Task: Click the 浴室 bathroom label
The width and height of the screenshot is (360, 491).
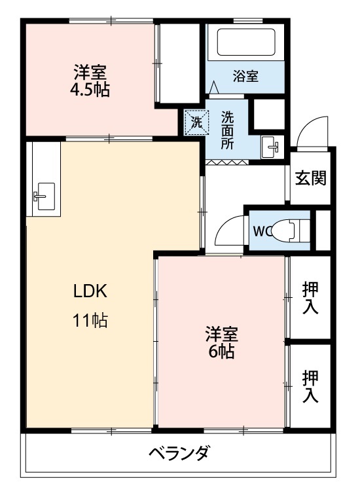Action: tap(245, 76)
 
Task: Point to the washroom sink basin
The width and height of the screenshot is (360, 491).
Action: tap(270, 147)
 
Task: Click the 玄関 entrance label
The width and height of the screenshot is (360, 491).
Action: tap(310, 178)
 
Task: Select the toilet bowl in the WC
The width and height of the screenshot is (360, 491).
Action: tap(286, 230)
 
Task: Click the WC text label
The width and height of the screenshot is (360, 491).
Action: tap(262, 230)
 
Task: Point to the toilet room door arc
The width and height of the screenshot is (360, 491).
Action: tap(226, 230)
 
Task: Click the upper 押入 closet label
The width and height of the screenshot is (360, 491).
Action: tap(310, 297)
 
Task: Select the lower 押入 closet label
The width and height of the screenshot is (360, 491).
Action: tap(310, 386)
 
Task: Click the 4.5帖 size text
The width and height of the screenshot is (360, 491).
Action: tap(90, 89)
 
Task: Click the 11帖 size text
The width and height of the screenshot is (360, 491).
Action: tap(90, 321)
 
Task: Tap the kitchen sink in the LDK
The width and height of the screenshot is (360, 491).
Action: tap(43, 194)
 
